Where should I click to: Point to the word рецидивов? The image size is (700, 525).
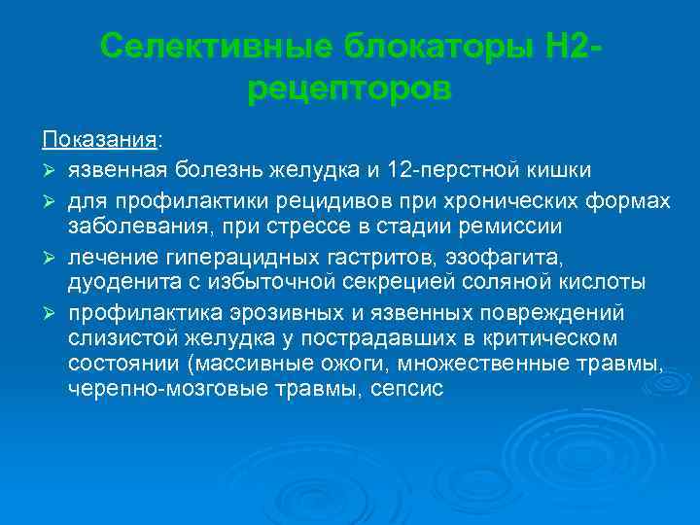315,200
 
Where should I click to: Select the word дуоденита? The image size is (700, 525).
116,284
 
